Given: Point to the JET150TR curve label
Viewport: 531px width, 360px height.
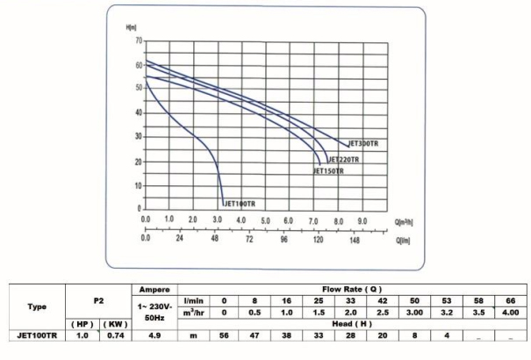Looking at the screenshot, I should click(328, 171).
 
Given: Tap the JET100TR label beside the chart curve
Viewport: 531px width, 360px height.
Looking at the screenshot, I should click(240, 204).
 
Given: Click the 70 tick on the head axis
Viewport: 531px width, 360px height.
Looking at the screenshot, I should click(137, 41).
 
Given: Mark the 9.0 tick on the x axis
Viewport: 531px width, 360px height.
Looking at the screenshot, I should click(361, 219).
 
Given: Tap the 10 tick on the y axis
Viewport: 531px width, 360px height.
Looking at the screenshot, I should click(137, 186).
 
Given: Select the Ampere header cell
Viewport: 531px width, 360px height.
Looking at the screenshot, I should click(154, 288).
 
